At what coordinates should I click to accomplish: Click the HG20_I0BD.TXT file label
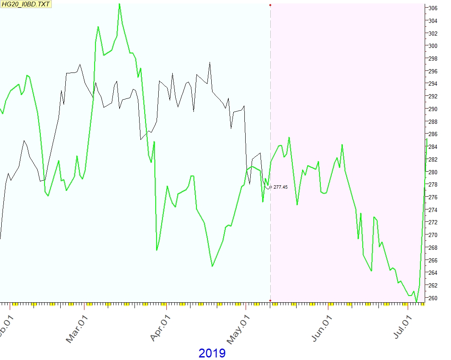[26, 4]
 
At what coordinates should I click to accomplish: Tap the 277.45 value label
[280, 187]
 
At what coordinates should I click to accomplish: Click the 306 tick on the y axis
[433, 8]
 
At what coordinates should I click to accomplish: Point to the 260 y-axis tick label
[433, 298]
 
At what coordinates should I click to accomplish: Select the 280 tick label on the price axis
[433, 172]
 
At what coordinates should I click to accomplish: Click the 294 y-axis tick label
[433, 84]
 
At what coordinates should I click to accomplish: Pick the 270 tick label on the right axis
[433, 235]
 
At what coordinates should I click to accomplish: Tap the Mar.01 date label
[76, 328]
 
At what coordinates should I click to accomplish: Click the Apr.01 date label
[159, 328]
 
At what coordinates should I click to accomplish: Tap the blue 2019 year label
[212, 353]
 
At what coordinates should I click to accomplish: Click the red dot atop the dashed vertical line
[270, 5]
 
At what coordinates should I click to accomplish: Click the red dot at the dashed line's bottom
[270, 301]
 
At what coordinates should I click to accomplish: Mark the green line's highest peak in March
[119, 4]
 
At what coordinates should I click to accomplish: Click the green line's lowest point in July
[417, 302]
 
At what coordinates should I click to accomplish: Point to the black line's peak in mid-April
[210, 62]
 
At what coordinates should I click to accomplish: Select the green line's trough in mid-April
[212, 266]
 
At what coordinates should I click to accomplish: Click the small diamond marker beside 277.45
[270, 187]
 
